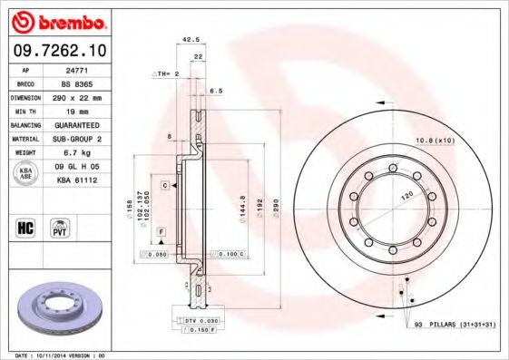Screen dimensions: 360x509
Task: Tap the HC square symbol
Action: click(x=26, y=227)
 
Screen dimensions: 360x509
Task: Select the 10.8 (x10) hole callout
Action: click(x=433, y=141)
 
